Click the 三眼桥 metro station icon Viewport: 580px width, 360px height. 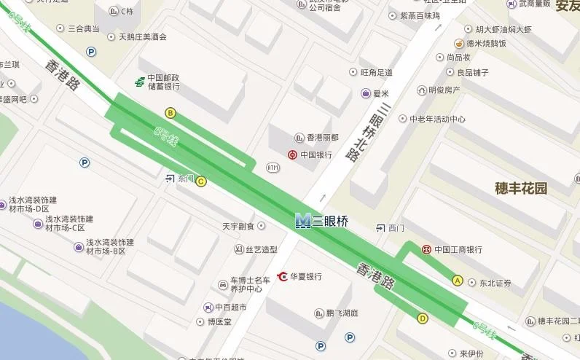pos(303,220)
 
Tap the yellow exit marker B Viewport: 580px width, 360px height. pos(171,113)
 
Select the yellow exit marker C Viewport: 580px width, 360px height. pos(201,181)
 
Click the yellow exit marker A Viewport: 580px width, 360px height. pos(458,280)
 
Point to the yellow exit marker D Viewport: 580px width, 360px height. pos(423,318)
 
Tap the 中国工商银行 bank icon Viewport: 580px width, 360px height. pos(426,249)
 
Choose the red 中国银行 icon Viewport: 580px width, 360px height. pos(291,154)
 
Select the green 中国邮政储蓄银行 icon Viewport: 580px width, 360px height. pos(139,82)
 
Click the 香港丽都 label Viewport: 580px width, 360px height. pos(322,138)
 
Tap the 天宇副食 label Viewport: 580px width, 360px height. pos(238,227)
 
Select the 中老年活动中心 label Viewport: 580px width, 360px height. pos(437,119)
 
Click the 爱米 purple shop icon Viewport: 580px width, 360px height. pos(366,93)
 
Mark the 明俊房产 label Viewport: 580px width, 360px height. pos(444,90)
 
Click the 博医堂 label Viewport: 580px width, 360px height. pos(219,321)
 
